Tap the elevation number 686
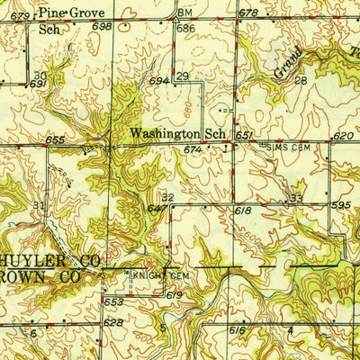(186, 29)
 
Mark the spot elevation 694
(159, 81)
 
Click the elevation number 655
(55, 140)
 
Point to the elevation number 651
(244, 135)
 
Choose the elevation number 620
(342, 136)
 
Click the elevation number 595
(340, 204)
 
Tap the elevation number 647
(156, 208)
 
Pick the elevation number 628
(112, 321)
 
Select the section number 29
(182, 77)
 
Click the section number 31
(38, 206)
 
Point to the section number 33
(296, 196)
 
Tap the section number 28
(301, 80)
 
